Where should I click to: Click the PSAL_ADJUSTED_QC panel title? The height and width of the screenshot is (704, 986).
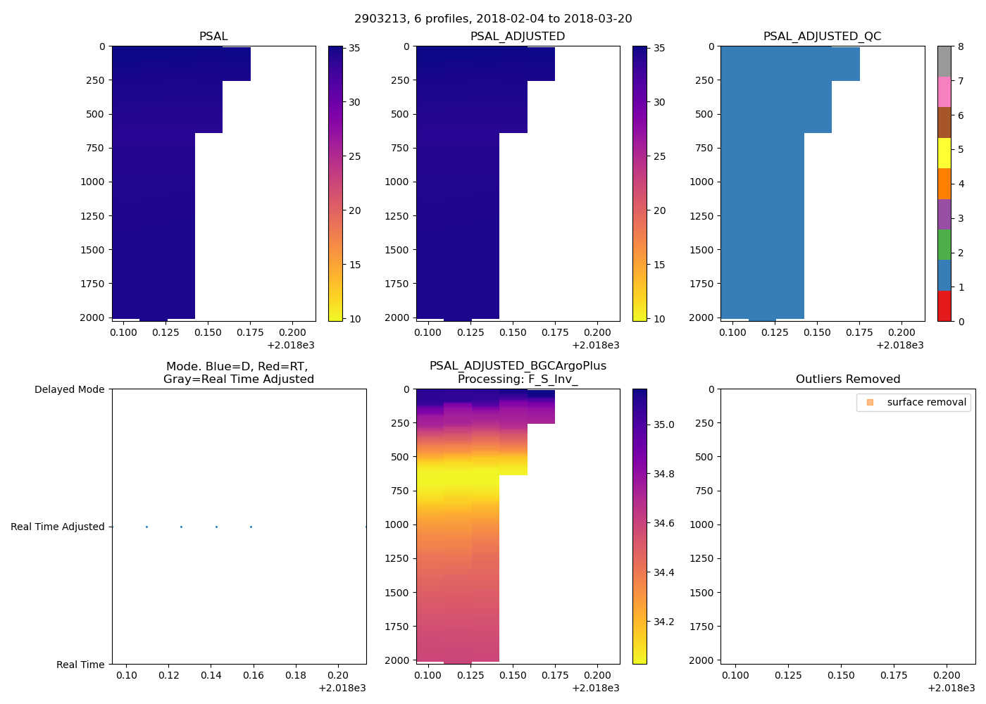tap(822, 37)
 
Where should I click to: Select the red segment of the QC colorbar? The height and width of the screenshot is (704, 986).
tap(944, 306)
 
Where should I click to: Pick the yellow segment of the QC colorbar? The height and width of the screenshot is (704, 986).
tap(944, 153)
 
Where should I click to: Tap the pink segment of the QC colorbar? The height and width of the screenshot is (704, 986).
tap(944, 92)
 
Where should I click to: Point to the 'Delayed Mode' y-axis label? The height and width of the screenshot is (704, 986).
tap(69, 389)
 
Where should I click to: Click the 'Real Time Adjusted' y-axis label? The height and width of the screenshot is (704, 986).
tap(57, 527)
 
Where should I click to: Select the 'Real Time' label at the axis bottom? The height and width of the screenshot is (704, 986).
tap(80, 665)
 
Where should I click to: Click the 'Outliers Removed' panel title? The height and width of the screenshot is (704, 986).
tap(848, 379)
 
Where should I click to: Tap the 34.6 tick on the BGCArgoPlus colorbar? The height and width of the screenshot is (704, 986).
tap(663, 523)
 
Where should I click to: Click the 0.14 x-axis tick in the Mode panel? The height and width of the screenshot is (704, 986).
tap(211, 676)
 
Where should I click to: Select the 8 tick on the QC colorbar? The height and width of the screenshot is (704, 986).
tap(961, 46)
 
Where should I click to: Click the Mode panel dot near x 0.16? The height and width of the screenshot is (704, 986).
tap(251, 527)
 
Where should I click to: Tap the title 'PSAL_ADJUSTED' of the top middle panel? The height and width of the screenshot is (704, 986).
tap(518, 37)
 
